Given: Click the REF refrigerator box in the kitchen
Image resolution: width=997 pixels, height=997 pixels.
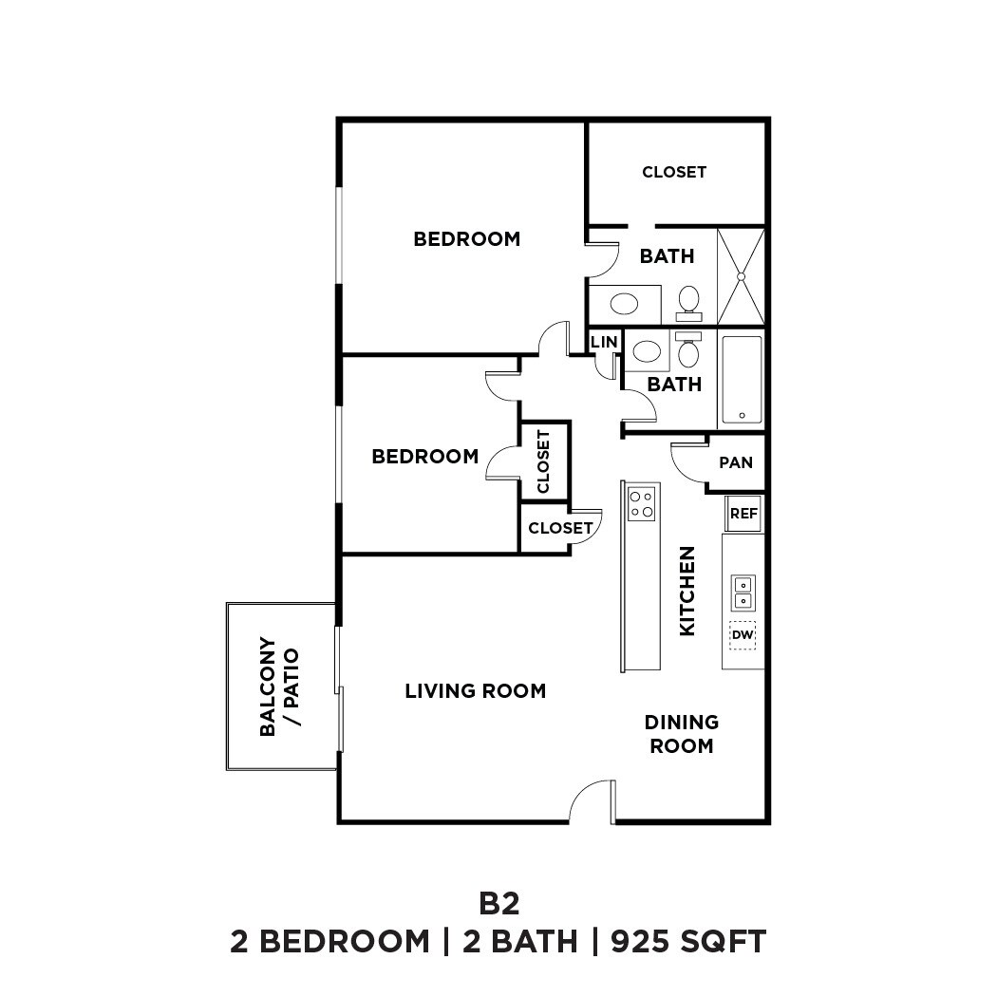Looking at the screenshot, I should (743, 514).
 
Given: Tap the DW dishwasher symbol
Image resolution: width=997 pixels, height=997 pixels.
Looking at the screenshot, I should (743, 634).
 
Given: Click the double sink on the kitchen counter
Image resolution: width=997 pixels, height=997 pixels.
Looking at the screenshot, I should (743, 593).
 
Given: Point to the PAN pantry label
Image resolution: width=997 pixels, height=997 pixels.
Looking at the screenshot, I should (736, 462).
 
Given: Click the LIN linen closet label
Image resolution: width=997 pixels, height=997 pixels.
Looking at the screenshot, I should (604, 342).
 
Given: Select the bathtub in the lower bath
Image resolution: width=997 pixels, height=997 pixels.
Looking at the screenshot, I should (742, 379).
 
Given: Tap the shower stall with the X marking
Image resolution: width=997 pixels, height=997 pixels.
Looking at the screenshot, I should (741, 276).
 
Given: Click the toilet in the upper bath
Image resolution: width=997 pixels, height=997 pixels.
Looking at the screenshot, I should (689, 302).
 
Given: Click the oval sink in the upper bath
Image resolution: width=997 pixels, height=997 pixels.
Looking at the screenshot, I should (624, 304).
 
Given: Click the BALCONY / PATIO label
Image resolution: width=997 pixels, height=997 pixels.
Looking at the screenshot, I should (279, 687).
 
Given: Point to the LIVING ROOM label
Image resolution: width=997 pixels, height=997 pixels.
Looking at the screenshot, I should (475, 691).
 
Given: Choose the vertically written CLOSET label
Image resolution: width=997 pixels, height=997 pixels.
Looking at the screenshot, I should (544, 461).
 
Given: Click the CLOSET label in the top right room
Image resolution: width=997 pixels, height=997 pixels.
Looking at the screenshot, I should (674, 172).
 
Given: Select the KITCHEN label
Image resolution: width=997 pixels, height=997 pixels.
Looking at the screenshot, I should (687, 591).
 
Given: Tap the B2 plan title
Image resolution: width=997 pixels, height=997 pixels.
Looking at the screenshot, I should (498, 901).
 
